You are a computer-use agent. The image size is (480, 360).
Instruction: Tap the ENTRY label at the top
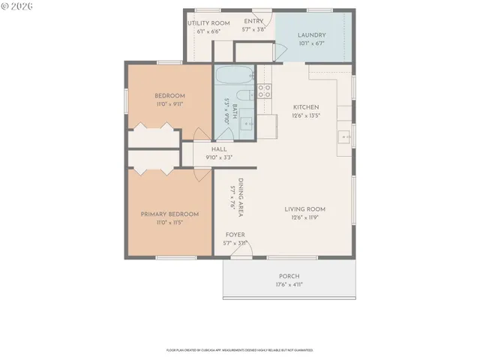click(253, 21)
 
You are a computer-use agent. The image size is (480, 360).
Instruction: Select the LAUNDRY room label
click(310, 35)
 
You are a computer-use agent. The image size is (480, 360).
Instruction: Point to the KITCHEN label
click(306, 106)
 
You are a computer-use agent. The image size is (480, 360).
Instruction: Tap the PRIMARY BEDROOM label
click(169, 214)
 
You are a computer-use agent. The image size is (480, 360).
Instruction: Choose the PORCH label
click(289, 275)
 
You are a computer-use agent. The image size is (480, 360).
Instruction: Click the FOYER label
click(235, 235)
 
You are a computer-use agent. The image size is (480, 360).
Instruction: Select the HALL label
click(219, 149)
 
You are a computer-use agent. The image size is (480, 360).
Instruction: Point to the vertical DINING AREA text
click(240, 197)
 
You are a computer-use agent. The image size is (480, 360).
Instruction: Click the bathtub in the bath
click(235, 76)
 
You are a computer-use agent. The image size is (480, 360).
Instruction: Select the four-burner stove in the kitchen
click(264, 91)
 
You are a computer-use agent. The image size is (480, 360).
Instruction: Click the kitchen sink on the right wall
click(344, 136)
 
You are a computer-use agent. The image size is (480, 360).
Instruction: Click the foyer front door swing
click(240, 253)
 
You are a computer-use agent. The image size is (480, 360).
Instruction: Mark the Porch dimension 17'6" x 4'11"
click(289, 284)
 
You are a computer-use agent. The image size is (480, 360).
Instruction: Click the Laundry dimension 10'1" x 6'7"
click(310, 44)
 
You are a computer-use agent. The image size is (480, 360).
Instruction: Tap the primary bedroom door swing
click(201, 172)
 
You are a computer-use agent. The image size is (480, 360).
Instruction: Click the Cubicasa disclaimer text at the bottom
click(239, 349)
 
